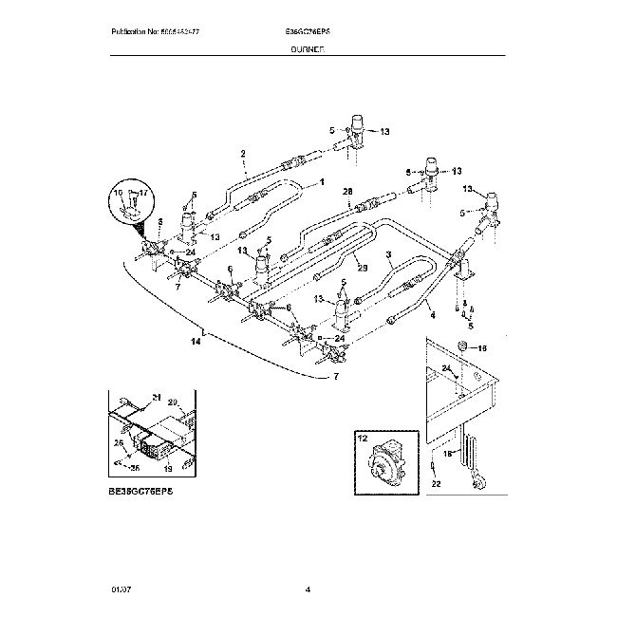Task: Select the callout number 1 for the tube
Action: click(x=321, y=181)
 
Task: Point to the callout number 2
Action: click(x=243, y=153)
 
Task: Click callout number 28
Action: click(x=347, y=191)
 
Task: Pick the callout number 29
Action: click(x=361, y=268)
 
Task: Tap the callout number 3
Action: click(x=388, y=254)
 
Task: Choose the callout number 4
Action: click(x=431, y=315)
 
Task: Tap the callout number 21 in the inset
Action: click(x=158, y=397)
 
